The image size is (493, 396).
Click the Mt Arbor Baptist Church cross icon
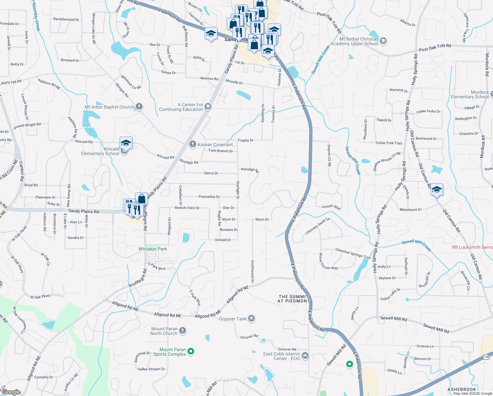coord(139,106)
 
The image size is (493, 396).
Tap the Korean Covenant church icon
coord(193,144)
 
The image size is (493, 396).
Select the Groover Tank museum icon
coord(252,318)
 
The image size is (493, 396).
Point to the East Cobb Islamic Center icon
coord(305,355)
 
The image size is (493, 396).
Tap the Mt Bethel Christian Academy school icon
coord(383,41)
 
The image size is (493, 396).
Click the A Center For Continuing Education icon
coord(208,107)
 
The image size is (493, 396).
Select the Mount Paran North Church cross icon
coord(183,331)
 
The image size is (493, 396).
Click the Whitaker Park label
coord(153,249)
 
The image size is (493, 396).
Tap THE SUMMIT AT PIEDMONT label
coord(294,299)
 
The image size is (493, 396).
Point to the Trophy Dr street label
coord(246,140)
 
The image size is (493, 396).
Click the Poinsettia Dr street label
coord(209,197)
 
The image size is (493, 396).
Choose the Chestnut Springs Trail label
coord(353,253)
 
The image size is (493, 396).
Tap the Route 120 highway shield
coord(486,357)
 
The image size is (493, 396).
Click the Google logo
coord(11,392)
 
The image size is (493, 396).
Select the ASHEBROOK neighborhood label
coord(462,389)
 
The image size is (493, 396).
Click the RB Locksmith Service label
coord(472,247)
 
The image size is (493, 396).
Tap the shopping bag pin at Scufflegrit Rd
coord(141,199)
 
